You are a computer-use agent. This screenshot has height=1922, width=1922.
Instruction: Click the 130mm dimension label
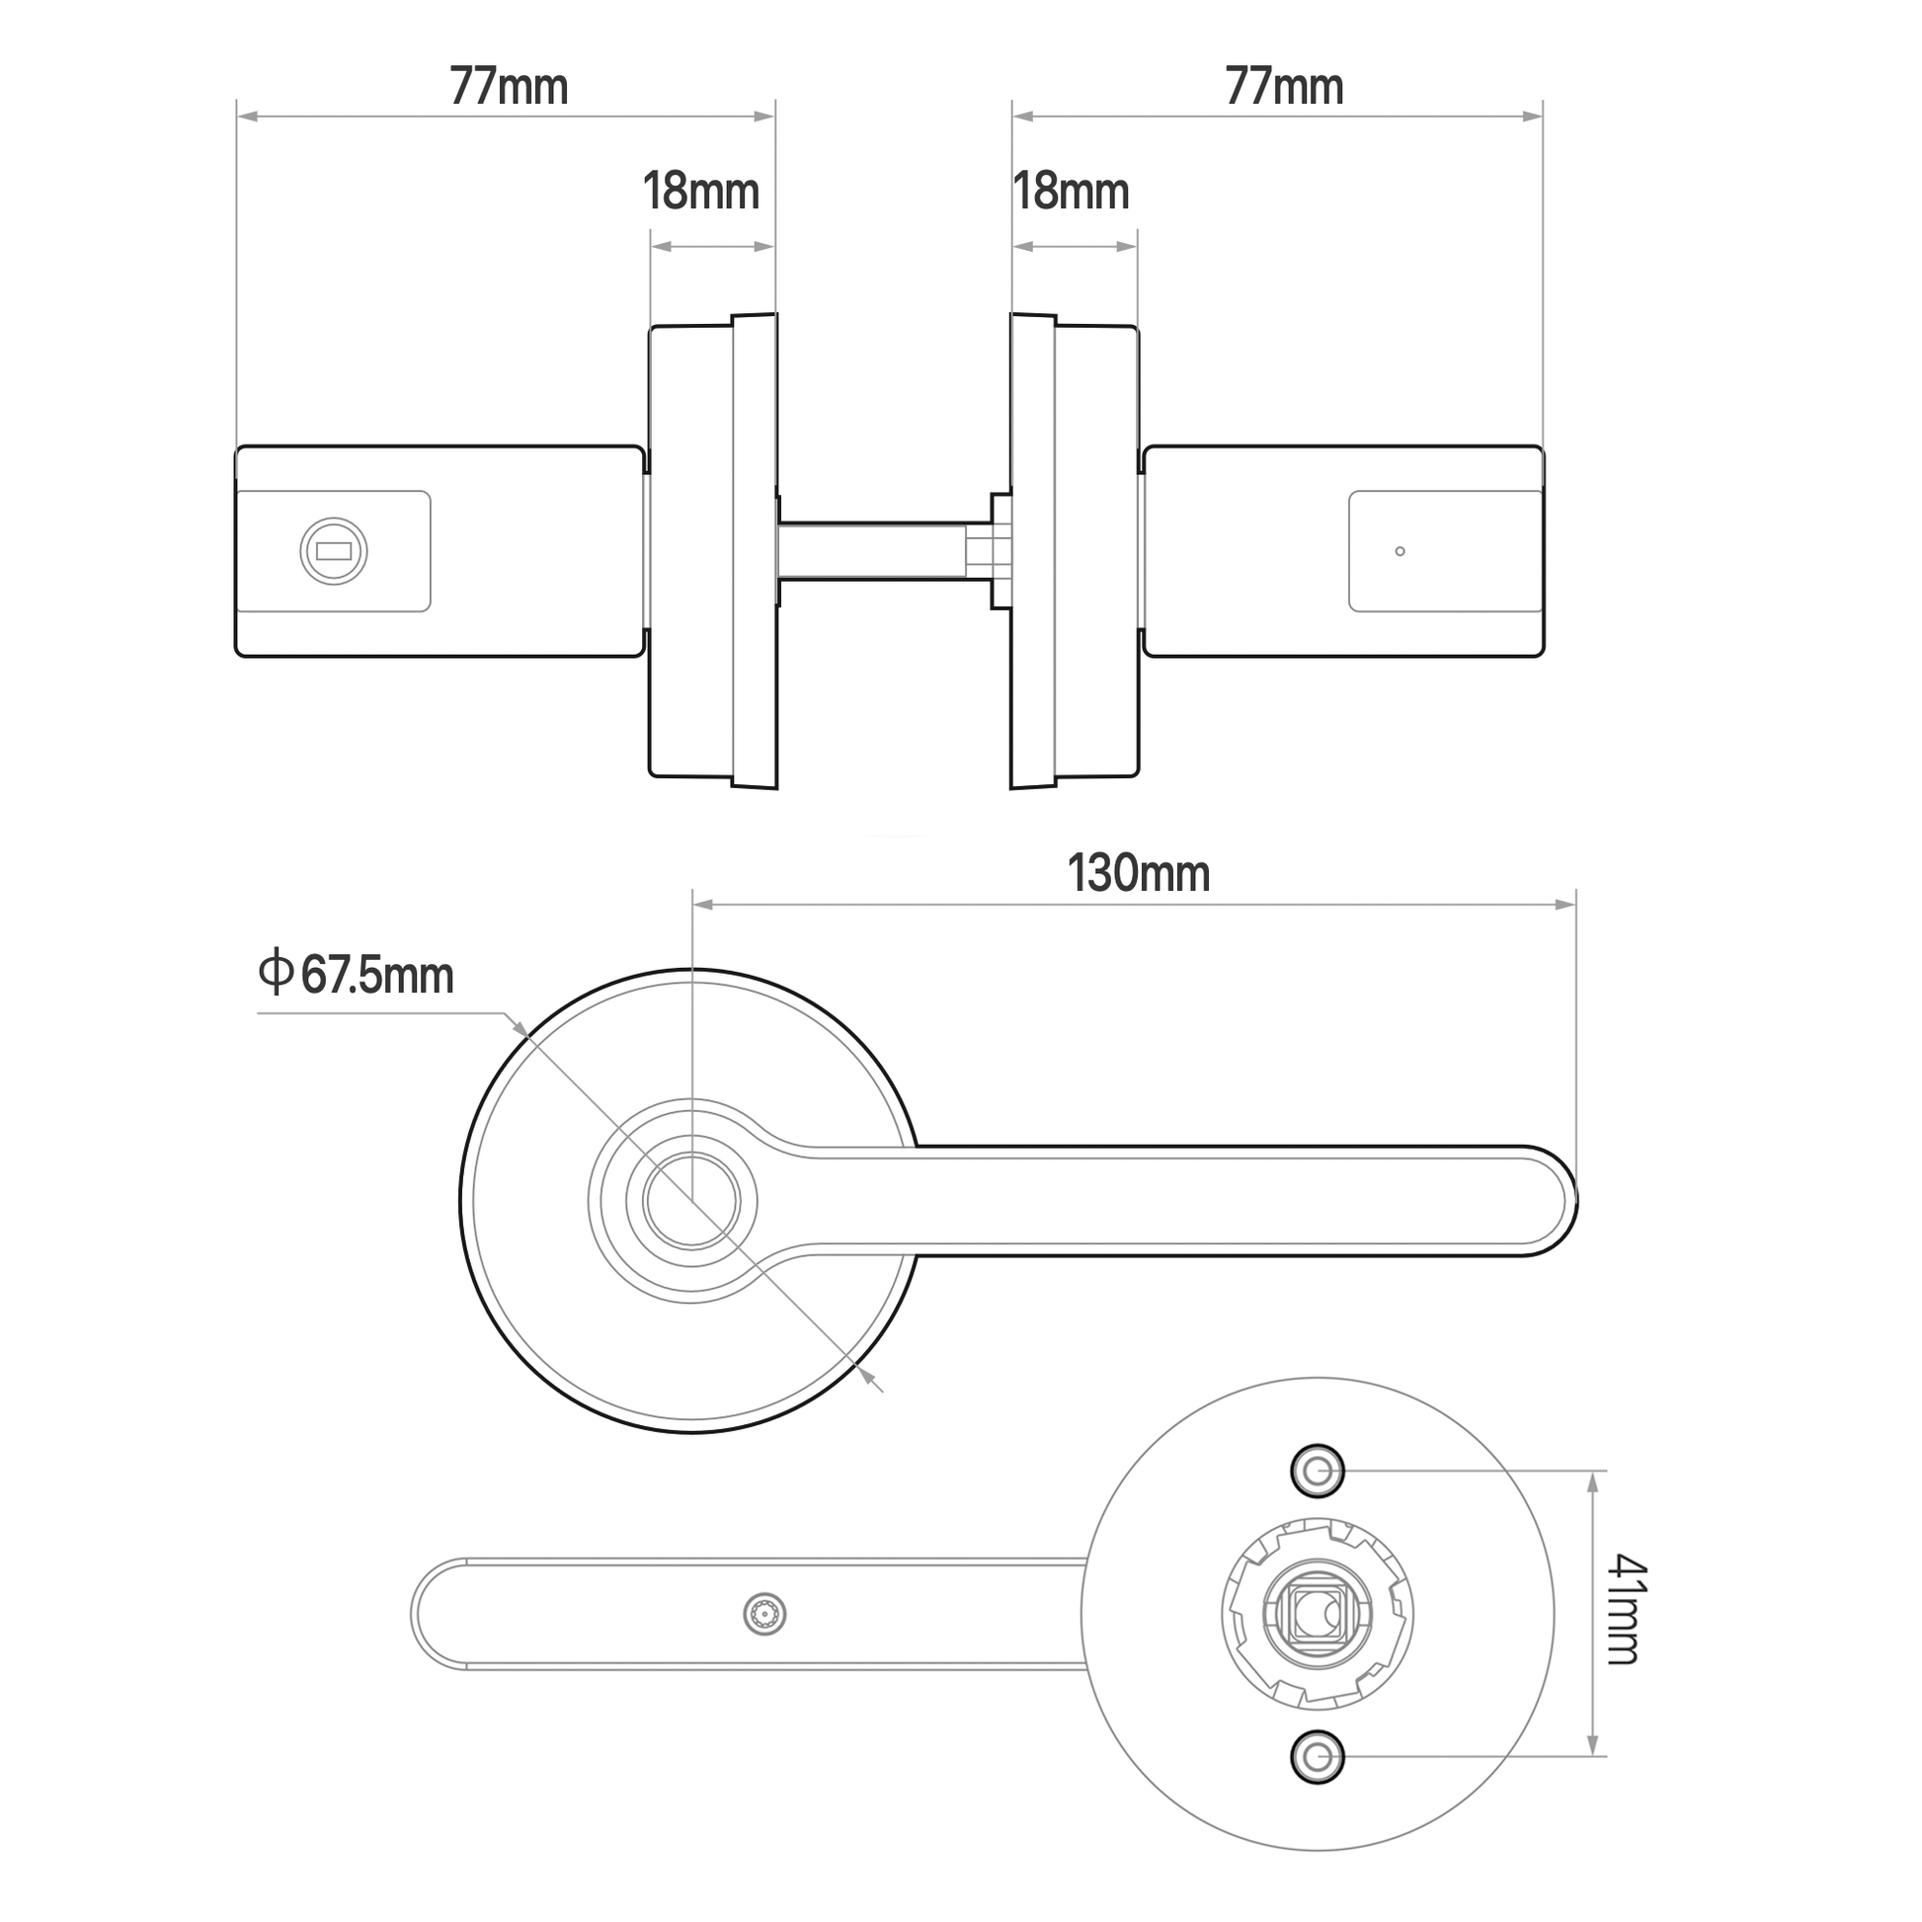pyautogui.click(x=1138, y=874)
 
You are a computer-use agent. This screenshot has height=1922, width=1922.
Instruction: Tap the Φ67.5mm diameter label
pyautogui.click(x=357, y=974)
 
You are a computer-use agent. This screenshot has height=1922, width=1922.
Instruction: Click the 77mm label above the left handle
pyautogui.click(x=509, y=87)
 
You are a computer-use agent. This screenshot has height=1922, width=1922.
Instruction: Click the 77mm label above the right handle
pyautogui.click(x=1283, y=87)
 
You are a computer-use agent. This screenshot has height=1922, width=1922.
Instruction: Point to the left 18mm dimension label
pyautogui.click(x=700, y=191)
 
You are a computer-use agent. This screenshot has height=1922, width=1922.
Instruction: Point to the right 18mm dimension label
pyautogui.click(x=1071, y=191)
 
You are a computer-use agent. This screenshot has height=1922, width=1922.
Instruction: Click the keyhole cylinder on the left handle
pyautogui.click(x=333, y=551)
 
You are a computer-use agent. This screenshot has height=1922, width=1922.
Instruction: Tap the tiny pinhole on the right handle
pyautogui.click(x=1400, y=551)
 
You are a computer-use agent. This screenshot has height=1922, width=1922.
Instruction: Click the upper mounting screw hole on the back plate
pyautogui.click(x=1318, y=1471)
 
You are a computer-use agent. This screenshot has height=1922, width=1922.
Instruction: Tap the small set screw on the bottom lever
pyautogui.click(x=764, y=1614)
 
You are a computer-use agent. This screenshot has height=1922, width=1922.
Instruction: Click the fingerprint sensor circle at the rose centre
pyautogui.click(x=691, y=1201)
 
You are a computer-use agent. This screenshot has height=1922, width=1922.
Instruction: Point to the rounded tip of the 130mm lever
pyautogui.click(x=1562, y=1201)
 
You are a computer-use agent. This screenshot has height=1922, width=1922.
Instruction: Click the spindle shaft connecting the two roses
pyautogui.click(x=873, y=550)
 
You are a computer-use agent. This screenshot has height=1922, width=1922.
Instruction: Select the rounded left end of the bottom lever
pyautogui.click(x=428, y=1614)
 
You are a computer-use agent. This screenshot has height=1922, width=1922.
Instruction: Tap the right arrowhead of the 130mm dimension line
pyautogui.click(x=1566, y=905)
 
